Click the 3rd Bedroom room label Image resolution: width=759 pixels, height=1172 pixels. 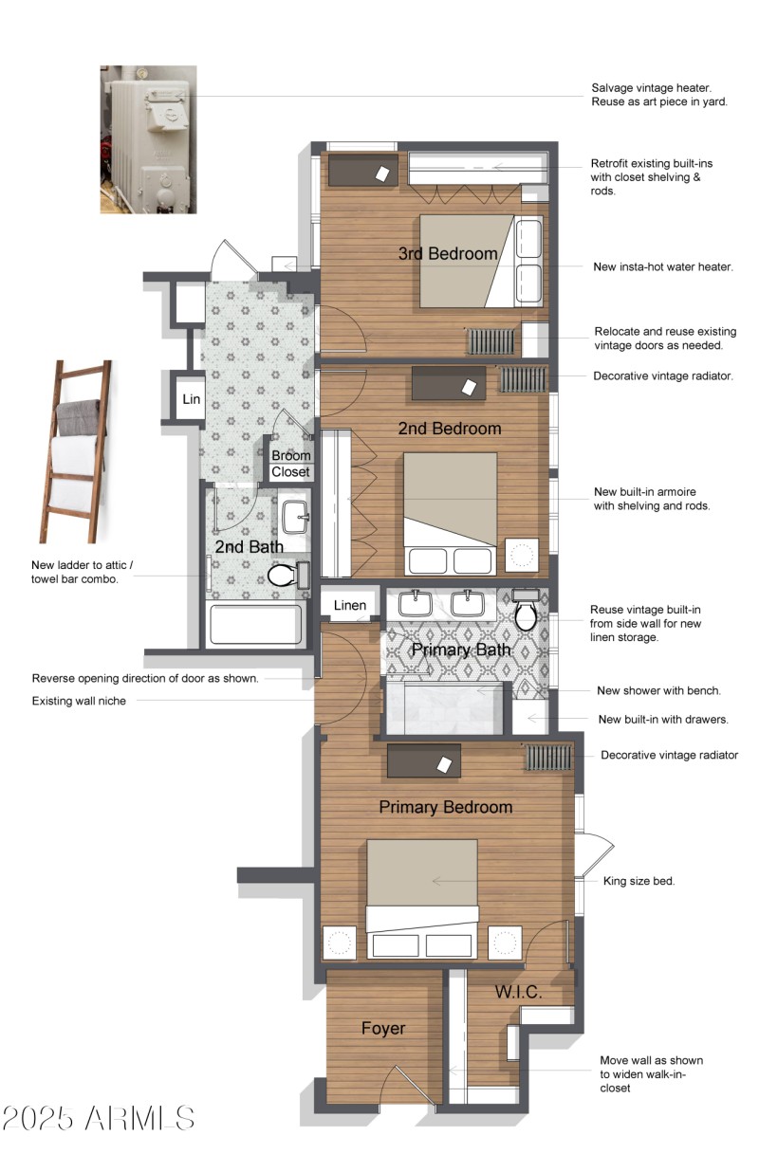tap(448, 254)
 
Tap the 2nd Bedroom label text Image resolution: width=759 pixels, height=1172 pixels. tap(449, 429)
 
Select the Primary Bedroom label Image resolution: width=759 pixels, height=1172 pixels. tap(445, 807)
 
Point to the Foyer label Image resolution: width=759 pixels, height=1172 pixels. tap(383, 1028)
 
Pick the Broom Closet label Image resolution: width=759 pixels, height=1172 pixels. tap(290, 464)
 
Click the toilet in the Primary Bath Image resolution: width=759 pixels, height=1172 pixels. tap(525, 613)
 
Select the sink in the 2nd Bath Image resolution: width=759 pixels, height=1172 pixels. tap(295, 516)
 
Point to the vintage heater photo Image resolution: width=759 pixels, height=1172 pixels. tap(148, 138)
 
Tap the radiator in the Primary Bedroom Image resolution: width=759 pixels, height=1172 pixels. tap(547, 757)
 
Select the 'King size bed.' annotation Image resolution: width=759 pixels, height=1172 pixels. tap(639, 881)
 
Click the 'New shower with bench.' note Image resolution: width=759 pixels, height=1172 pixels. tap(658, 690)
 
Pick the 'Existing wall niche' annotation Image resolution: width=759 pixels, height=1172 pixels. tap(79, 701)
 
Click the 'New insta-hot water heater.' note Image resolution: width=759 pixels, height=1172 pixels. tap(662, 266)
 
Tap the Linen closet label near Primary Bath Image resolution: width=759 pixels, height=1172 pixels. tap(349, 605)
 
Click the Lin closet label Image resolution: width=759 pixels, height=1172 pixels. tap(192, 399)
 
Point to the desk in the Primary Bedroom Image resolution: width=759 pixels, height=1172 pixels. tap(423, 760)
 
